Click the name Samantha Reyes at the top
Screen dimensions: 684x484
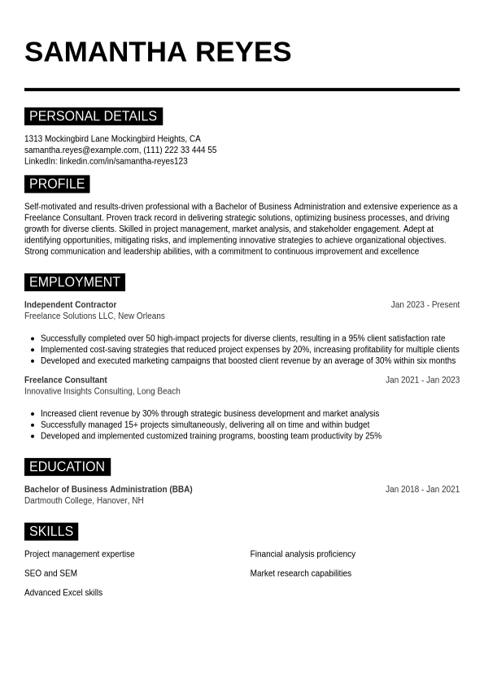point(158,52)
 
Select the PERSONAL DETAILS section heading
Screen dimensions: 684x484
point(93,116)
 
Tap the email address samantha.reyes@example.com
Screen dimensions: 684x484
point(81,150)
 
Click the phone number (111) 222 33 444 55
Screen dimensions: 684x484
point(180,150)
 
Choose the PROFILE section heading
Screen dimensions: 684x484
point(57,184)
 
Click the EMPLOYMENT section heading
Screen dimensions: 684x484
point(74,282)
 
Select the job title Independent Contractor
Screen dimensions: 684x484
point(70,305)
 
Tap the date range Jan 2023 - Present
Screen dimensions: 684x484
point(425,305)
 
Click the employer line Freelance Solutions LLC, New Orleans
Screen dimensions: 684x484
point(94,316)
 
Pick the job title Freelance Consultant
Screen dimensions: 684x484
point(65,380)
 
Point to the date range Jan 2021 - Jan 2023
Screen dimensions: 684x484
point(422,380)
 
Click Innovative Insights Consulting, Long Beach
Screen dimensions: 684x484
point(102,391)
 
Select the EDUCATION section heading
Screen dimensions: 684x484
point(67,467)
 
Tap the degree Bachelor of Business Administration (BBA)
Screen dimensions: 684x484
point(108,490)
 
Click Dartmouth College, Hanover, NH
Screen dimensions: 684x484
point(84,500)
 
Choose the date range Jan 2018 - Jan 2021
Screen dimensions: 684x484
point(422,490)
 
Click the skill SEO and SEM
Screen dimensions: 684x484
point(50,573)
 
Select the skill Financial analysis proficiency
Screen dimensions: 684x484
point(303,554)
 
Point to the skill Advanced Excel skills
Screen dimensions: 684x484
point(63,593)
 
